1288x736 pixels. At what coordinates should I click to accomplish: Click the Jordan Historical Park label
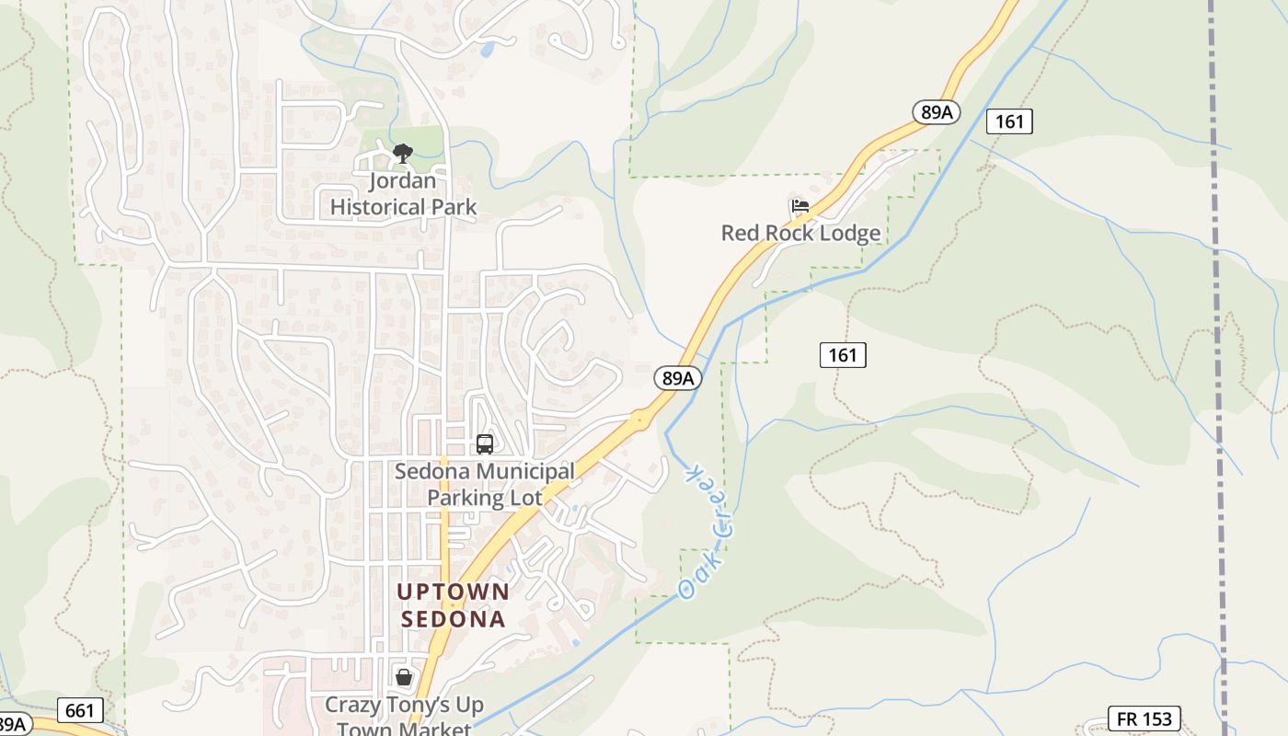403,194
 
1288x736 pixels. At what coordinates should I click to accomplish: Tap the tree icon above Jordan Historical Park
402,154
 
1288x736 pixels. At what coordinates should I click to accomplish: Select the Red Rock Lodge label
800,233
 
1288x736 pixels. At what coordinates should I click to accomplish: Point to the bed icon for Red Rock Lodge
800,206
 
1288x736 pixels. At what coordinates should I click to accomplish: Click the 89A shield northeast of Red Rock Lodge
937,112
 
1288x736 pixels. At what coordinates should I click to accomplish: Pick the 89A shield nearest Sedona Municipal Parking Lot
679,377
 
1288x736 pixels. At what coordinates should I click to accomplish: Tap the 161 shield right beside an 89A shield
1009,121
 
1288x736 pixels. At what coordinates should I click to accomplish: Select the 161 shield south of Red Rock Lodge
843,354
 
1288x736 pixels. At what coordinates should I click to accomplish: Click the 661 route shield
80,710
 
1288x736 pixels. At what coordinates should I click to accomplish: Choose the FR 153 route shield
1144,719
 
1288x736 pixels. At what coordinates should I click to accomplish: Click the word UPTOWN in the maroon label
453,591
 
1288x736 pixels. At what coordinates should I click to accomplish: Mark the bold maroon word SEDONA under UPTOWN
453,619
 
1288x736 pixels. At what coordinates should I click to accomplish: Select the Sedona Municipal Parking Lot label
485,485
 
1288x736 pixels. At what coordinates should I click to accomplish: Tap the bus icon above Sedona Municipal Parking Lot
485,444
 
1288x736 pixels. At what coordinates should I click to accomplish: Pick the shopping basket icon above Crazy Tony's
404,678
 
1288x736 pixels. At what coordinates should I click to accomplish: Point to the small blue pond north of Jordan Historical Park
486,50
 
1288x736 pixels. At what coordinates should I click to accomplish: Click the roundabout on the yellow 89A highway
640,420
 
